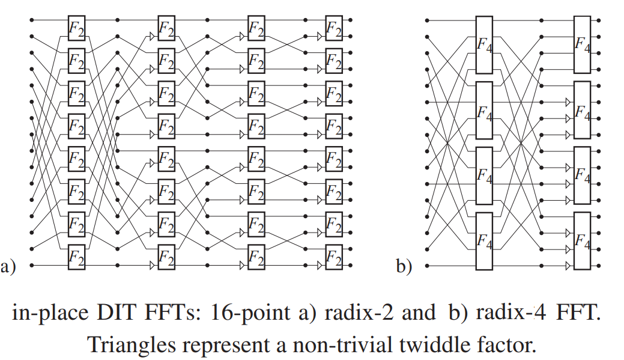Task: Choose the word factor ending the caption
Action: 505,344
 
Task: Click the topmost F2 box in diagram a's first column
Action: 76,28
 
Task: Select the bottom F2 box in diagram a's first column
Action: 76,257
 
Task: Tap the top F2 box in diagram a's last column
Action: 333,28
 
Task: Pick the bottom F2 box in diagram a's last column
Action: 333,257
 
